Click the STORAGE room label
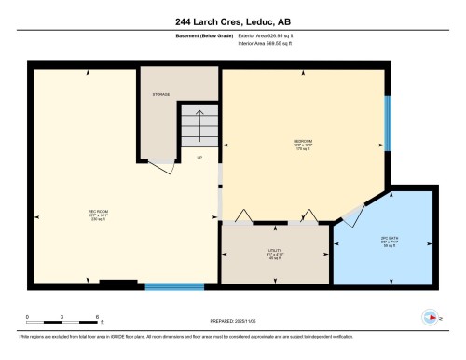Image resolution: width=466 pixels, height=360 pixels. pos(161,95)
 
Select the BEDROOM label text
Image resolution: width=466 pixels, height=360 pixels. pos(302,143)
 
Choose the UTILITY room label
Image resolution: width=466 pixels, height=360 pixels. pos(274,251)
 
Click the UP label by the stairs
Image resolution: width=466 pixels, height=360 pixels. pos(199,156)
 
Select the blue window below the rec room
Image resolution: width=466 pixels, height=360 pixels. pos(174,286)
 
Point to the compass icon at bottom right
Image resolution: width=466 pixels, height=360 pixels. pos(431,315)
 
